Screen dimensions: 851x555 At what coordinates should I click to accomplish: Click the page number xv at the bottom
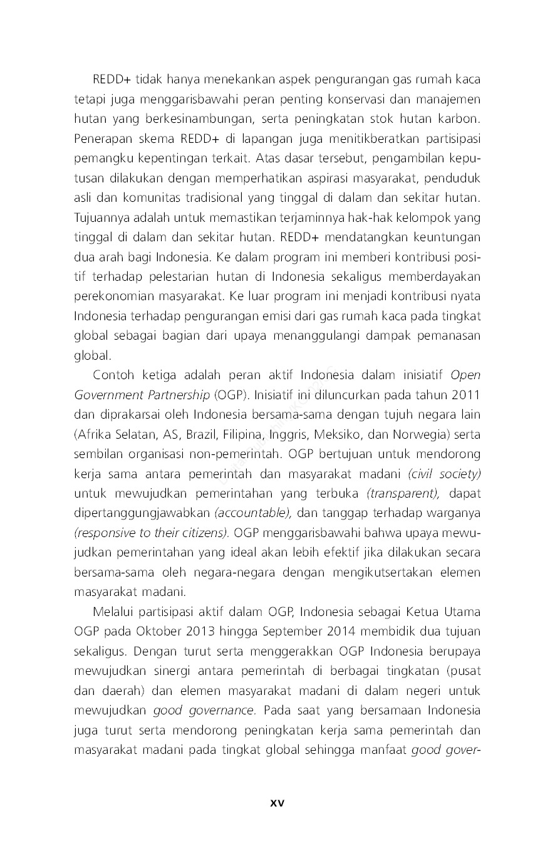(x=277, y=803)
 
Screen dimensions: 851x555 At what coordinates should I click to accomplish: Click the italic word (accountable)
(x=254, y=513)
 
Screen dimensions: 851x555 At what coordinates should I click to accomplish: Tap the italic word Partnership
(x=179, y=395)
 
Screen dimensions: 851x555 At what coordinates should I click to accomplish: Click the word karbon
(x=461, y=118)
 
